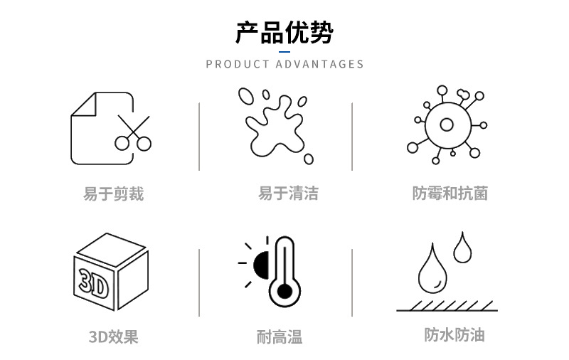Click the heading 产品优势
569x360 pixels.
(284, 33)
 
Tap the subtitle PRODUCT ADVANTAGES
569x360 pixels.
(285, 64)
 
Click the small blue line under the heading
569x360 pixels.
(284, 52)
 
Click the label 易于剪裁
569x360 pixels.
(114, 194)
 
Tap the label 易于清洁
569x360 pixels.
(288, 193)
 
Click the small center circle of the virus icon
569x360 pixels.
(447, 125)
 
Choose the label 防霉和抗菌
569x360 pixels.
(450, 193)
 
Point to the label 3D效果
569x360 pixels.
(114, 337)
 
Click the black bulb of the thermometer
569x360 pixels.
(284, 292)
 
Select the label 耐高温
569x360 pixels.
(280, 337)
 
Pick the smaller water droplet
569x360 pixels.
(462, 248)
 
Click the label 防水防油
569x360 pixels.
(454, 334)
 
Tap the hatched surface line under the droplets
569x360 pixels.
(447, 310)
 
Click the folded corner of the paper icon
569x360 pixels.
(84, 105)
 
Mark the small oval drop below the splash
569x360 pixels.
(309, 159)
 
